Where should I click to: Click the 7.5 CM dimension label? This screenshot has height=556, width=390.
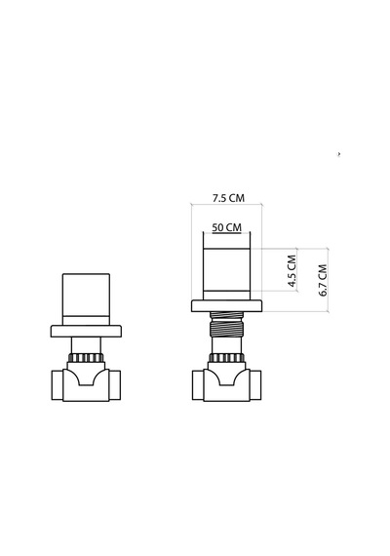pos(228,198)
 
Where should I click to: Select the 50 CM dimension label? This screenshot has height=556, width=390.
pos(226,227)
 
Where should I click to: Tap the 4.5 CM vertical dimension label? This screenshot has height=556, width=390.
pos(292,270)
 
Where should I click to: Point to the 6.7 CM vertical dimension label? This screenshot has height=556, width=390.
pos(323,280)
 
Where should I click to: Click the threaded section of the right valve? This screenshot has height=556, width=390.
pos(226,324)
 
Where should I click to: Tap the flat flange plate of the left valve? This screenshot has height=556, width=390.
pos(86,332)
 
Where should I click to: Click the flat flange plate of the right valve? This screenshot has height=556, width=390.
pos(226,306)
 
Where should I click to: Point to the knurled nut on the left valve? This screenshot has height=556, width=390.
pos(86,357)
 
